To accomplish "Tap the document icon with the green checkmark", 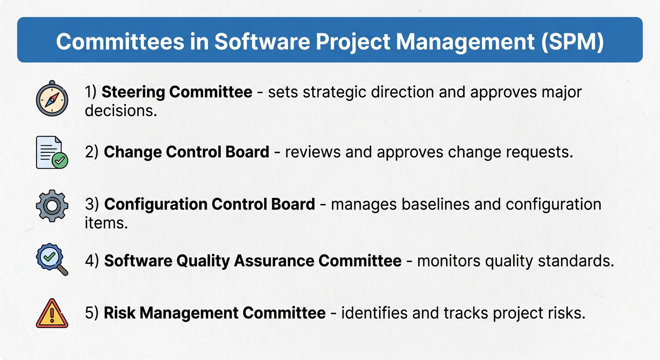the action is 52,152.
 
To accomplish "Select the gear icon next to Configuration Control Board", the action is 52,206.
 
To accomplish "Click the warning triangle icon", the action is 52,313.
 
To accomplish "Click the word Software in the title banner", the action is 262,42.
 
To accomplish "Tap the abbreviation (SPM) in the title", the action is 572,42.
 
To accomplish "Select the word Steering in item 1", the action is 133,92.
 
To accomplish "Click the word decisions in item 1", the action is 121,111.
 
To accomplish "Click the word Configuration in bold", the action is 156,204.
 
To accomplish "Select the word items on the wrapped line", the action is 106,223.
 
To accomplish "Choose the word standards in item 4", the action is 576,261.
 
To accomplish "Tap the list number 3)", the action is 92,204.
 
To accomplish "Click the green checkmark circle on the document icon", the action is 60,161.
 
